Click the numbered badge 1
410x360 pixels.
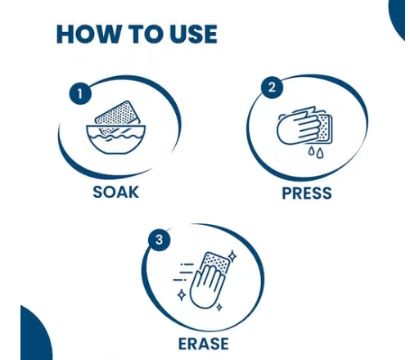point(80,93)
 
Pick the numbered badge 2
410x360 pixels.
point(272,88)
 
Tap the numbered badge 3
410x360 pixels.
point(159,240)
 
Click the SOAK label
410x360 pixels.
point(116,192)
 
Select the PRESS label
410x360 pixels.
point(307,193)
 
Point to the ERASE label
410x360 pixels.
point(204,344)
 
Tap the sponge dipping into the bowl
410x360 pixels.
point(117,117)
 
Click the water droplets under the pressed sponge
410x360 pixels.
point(316,152)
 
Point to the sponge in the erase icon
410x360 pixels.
point(215,263)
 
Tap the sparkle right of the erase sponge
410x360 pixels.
point(232,256)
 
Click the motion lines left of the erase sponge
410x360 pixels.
point(183,272)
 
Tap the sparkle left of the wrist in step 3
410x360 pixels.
point(182,295)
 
